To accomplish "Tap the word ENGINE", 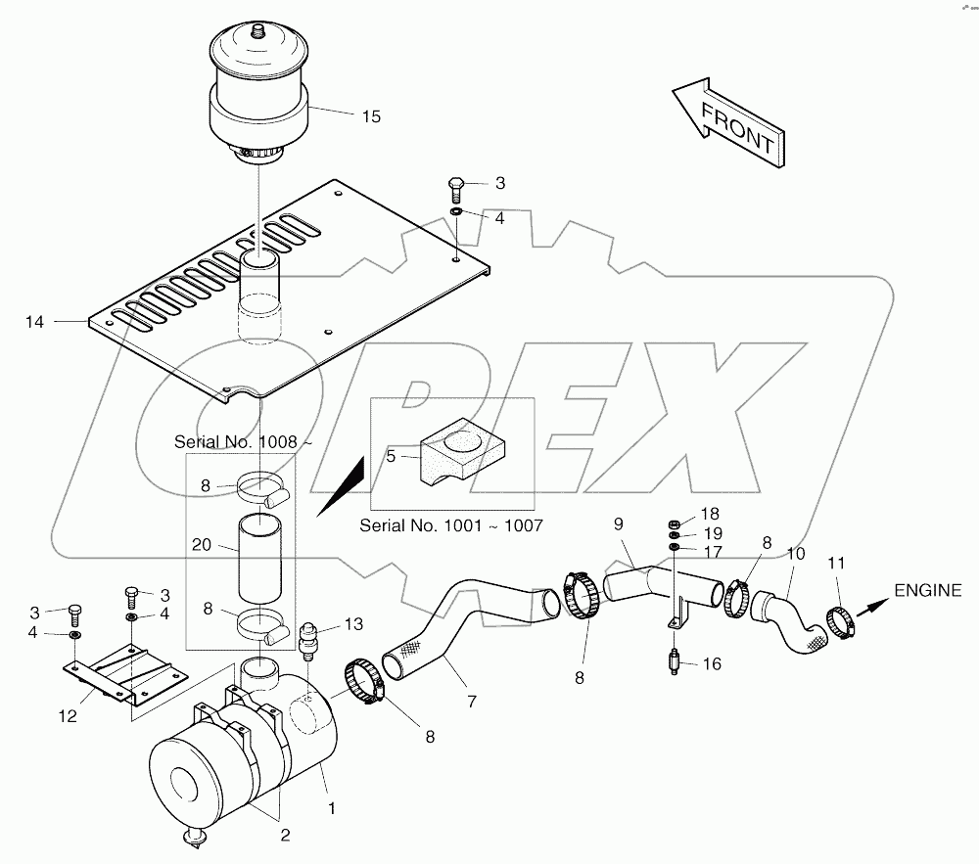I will (x=927, y=590).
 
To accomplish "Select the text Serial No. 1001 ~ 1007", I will (x=451, y=525).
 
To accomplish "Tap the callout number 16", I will (x=711, y=663).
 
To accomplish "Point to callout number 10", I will (x=796, y=555).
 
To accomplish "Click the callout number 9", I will (x=618, y=524).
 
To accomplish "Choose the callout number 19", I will (x=711, y=533).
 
